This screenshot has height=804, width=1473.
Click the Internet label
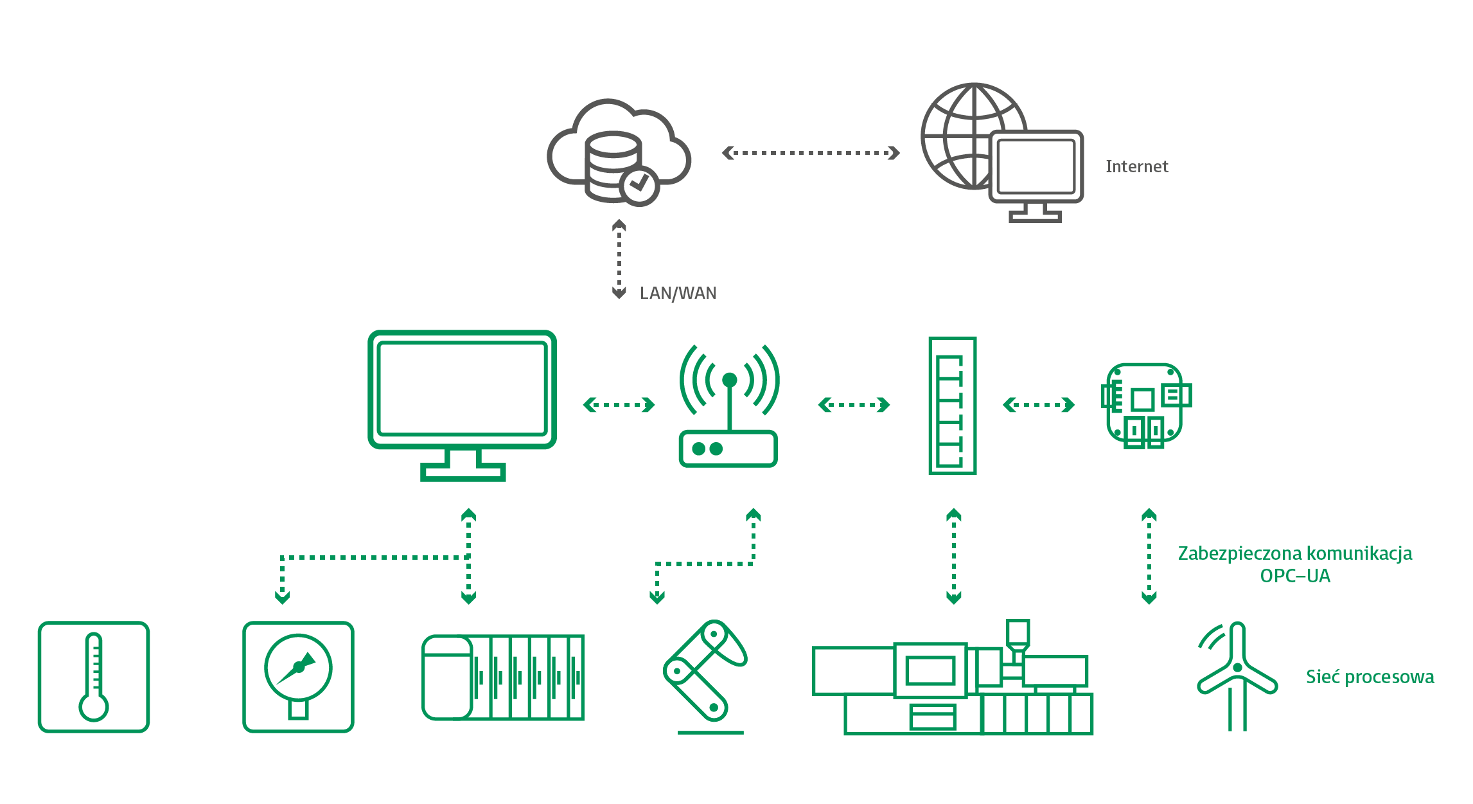[1136, 166]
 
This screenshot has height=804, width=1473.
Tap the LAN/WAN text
[678, 293]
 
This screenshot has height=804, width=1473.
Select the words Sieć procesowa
[1370, 677]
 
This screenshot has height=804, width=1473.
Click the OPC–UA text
[1295, 576]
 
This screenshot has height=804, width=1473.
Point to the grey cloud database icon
[617, 152]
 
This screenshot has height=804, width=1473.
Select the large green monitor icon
[462, 405]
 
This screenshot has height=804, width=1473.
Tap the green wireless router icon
[729, 406]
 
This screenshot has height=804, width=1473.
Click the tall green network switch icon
[952, 406]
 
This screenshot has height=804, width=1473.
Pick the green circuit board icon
[1146, 404]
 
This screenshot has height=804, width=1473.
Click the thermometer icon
[94, 677]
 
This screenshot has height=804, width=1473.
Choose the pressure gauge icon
[298, 677]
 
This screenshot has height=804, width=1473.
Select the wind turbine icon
[1237, 675]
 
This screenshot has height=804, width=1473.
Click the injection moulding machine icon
[953, 681]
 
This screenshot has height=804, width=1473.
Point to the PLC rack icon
[503, 677]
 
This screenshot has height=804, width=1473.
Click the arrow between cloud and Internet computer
[811, 153]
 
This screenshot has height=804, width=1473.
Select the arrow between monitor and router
[619, 405]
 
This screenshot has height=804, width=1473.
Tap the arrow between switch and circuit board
[1038, 405]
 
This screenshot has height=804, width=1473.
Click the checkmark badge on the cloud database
[639, 186]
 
